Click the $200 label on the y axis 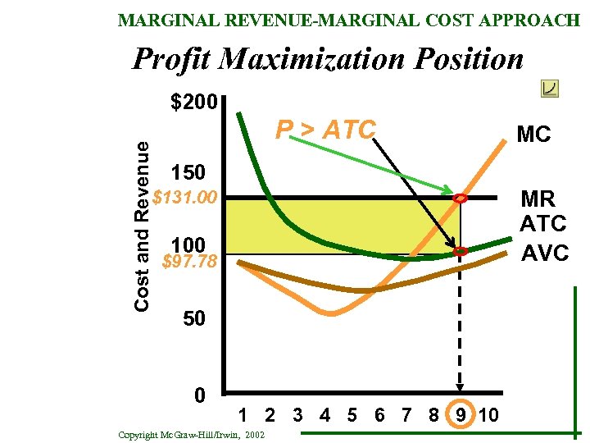tap(193, 103)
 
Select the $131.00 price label tap(185, 198)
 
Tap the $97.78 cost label tap(189, 262)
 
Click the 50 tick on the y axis tap(193, 318)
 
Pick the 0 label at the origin tap(199, 395)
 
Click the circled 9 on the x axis tap(461, 414)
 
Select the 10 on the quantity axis tap(488, 414)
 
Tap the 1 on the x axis tap(243, 414)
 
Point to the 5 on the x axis tap(352, 414)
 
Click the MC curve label tap(533, 135)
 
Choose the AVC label tap(545, 253)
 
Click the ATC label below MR tap(542, 223)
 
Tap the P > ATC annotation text tap(325, 130)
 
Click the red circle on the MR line tap(461, 199)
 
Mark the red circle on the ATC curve tap(461, 251)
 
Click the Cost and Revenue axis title tap(142, 225)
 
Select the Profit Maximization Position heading tap(328, 59)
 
